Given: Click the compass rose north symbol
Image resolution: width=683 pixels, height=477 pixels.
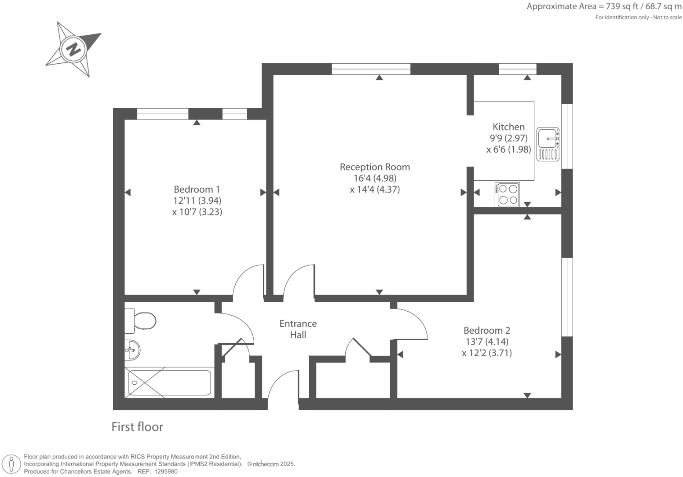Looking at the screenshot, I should coord(73,48).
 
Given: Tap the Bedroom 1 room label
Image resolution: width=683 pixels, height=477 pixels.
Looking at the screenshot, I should coord(197,189).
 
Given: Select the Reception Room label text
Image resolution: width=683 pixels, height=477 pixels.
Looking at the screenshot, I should coord(375,167).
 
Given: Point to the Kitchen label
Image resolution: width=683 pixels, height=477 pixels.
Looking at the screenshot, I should coord(508,127).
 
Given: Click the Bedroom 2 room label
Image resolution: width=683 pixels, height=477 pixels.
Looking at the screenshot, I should coord(487,330).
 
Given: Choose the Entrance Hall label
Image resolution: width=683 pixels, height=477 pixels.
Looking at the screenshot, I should coord(298,329).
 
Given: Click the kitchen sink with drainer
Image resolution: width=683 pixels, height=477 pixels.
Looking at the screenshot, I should coord(548,144).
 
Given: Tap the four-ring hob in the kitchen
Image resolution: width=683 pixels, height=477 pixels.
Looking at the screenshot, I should coord(507,194).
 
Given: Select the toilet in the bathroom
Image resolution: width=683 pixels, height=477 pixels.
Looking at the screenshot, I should coord(141,320).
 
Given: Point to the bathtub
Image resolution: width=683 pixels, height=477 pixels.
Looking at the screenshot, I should coord(169,382).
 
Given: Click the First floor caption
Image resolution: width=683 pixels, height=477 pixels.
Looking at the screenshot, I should coord(137,427).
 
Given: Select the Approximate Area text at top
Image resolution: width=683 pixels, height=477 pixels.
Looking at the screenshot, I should coord(604,7).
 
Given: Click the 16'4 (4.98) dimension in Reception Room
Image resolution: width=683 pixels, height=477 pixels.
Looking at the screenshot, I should coord(375,178).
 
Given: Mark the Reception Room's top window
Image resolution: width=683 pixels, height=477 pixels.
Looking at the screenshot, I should coord(371,69).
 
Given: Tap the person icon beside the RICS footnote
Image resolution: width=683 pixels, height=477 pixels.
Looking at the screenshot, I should coord(11,464).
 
